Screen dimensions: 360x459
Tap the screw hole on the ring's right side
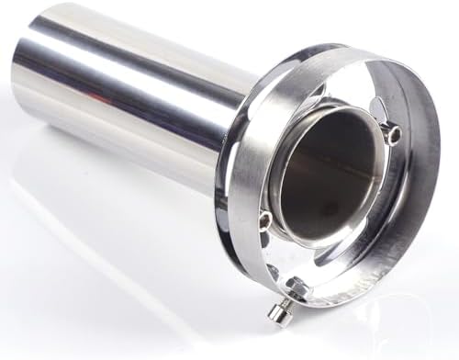(x=396, y=135)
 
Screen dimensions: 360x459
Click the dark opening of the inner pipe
(x=326, y=174)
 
